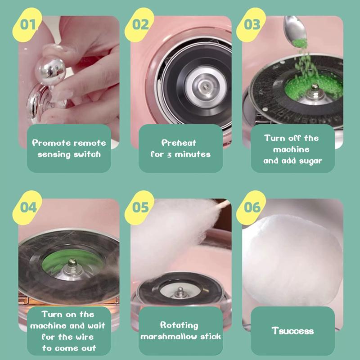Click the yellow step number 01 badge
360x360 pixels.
tap(27, 25)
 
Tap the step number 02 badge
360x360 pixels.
tap(139, 25)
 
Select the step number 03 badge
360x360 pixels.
tap(251, 25)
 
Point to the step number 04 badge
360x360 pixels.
tap(27, 207)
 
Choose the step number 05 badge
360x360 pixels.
tap(139, 207)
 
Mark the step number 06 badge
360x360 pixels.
tap(251, 207)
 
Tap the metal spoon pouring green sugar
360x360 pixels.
tap(295, 29)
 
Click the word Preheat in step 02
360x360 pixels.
tap(179, 143)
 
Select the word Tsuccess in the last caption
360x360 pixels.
tap(292, 331)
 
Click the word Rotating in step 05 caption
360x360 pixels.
tap(179, 325)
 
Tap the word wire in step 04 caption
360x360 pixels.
tap(85, 337)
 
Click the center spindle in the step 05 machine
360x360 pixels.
tap(180, 292)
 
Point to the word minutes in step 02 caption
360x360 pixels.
tap(193, 154)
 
